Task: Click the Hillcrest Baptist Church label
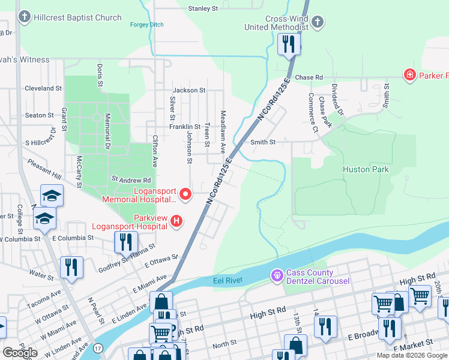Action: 78,17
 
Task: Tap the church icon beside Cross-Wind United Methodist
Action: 318,23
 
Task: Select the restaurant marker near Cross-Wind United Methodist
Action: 289,44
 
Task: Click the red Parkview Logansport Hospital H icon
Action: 176,221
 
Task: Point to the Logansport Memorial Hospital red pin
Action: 185,193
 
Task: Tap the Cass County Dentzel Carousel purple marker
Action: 277,275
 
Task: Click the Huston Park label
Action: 366,169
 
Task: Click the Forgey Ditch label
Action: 146,25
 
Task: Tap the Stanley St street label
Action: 203,8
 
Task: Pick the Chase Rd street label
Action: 309,77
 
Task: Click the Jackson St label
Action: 189,90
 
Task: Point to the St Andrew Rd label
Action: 131,179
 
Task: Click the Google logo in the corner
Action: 20,352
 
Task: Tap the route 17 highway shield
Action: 98,347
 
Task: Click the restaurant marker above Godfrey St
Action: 125,242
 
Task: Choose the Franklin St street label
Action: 184,127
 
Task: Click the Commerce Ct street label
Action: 312,112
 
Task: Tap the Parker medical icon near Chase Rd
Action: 410,75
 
